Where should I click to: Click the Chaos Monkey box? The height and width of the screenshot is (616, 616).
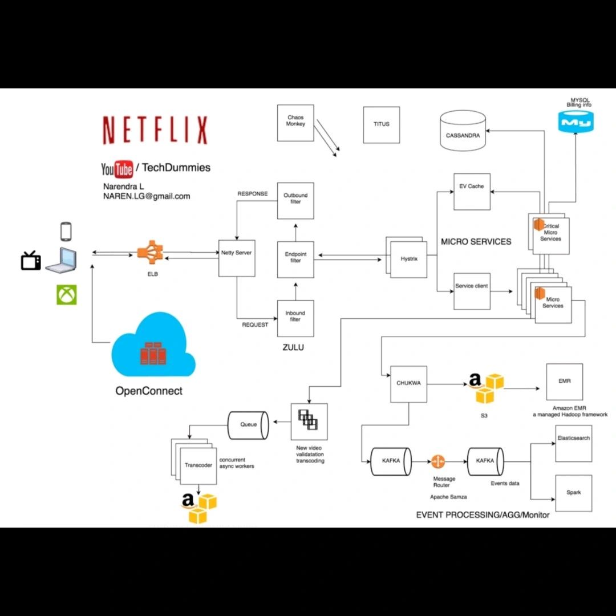tap(295, 123)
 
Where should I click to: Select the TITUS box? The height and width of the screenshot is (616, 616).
tap(382, 124)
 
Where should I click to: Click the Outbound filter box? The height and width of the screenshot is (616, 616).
tap(295, 200)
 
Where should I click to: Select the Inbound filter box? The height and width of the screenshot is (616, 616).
tap(295, 318)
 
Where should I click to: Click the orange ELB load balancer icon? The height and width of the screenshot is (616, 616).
tap(150, 253)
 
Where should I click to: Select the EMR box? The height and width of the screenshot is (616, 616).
tap(565, 382)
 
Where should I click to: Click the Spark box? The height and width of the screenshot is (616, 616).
tap(573, 492)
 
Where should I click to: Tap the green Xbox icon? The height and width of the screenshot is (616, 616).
tap(66, 295)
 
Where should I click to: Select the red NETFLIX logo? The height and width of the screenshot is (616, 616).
tap(155, 131)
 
